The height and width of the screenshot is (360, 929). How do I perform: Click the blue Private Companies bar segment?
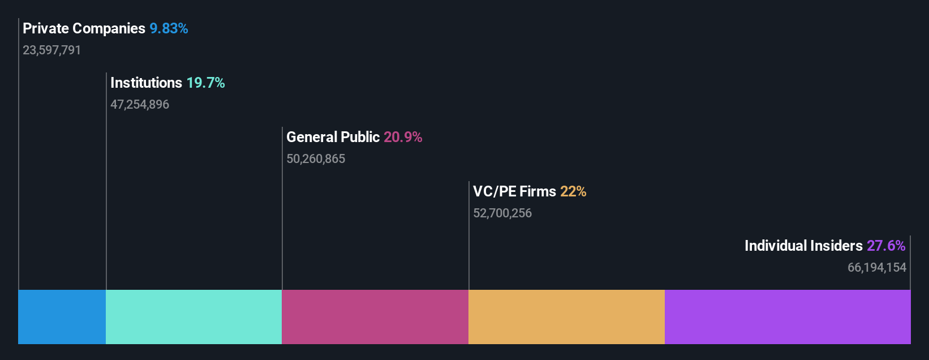[62, 317]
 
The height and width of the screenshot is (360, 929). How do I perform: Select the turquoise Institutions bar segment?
[193, 317]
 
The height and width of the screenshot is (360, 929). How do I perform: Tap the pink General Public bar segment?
[375, 317]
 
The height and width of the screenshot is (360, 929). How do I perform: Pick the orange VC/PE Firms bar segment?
[566, 317]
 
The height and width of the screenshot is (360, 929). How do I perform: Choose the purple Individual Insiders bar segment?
[788, 317]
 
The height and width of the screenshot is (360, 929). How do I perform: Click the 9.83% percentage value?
[169, 28]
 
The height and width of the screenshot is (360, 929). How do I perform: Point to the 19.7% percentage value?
[205, 83]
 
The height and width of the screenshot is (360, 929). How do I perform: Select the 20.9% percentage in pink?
[403, 137]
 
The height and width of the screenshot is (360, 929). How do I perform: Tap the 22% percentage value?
[573, 191]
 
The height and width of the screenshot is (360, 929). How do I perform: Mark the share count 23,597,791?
[51, 50]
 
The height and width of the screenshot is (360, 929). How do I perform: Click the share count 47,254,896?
[140, 104]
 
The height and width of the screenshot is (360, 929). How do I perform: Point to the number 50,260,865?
[316, 158]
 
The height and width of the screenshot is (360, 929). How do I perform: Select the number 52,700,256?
[502, 213]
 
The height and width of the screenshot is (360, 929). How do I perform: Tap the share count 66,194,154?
[876, 267]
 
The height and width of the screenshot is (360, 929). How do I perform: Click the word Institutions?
[146, 83]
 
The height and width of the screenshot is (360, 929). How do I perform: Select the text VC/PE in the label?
[494, 191]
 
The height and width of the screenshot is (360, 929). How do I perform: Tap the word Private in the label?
[45, 28]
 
